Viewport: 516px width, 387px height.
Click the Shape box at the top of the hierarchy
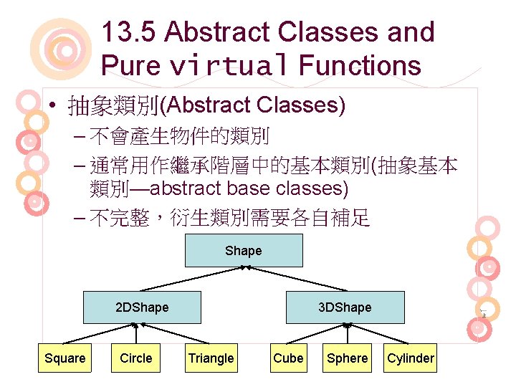pos(244,251)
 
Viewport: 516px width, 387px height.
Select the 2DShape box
pos(142,307)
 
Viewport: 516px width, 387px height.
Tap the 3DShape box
pos(345,307)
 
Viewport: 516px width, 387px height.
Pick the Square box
pos(64,358)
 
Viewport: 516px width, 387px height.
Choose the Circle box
pos(136,358)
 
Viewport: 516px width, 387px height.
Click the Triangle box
pos(211,358)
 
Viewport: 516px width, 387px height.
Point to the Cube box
pos(288,358)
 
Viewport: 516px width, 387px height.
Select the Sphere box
pos(347,358)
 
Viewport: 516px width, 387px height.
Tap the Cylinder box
pos(411,358)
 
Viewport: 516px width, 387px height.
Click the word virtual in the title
pos(229,66)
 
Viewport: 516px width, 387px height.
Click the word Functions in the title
pos(360,66)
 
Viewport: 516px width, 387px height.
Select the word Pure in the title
pos(131,66)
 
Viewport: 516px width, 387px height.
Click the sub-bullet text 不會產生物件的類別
pos(179,135)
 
